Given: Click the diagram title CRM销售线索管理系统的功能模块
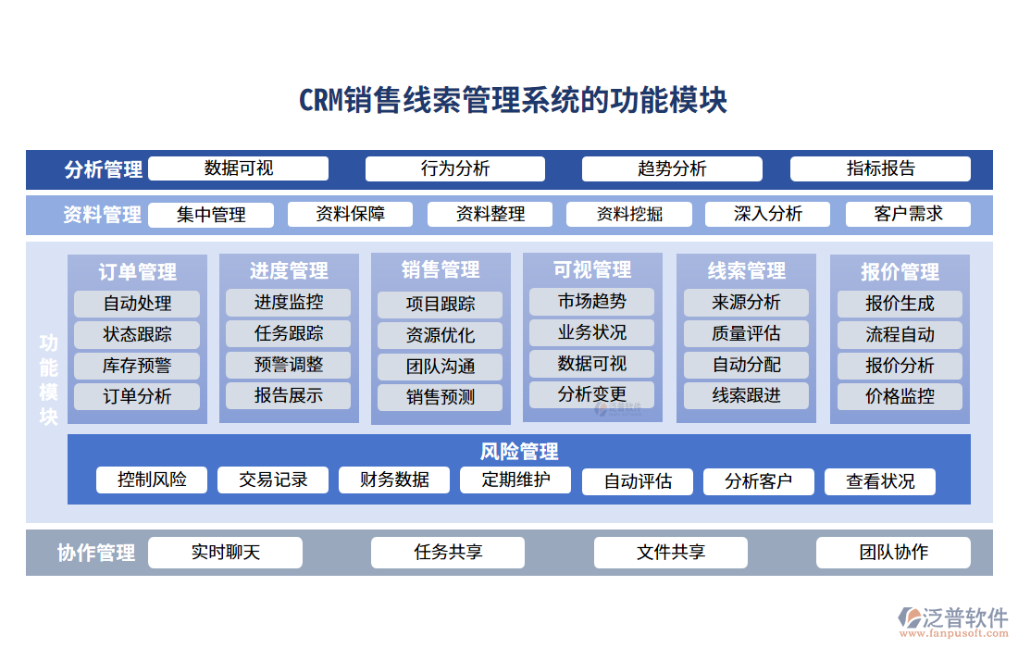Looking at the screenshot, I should tap(513, 100).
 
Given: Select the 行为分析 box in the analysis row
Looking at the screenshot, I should tap(454, 168).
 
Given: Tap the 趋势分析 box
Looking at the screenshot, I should tap(672, 168).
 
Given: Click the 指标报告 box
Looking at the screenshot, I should tap(880, 168).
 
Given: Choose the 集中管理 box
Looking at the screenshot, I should tap(211, 215).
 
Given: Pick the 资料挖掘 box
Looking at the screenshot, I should tap(629, 215).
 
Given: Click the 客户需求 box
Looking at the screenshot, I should tap(908, 214).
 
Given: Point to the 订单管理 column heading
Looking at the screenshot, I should tap(137, 272).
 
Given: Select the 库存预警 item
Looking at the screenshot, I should tap(137, 366).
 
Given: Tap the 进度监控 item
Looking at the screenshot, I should tap(289, 302).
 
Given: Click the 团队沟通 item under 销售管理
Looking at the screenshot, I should tap(440, 367).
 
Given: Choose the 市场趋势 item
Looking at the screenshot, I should tap(591, 301).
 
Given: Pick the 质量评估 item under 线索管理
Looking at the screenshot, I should tap(746, 333).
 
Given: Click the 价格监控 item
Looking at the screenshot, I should tap(900, 396).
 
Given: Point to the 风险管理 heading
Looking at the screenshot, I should tap(518, 452).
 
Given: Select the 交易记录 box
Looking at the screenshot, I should tap(273, 480).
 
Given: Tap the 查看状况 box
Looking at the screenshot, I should tap(880, 481).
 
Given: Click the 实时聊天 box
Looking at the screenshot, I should tap(225, 553).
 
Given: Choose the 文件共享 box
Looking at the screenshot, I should tap(670, 553).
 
